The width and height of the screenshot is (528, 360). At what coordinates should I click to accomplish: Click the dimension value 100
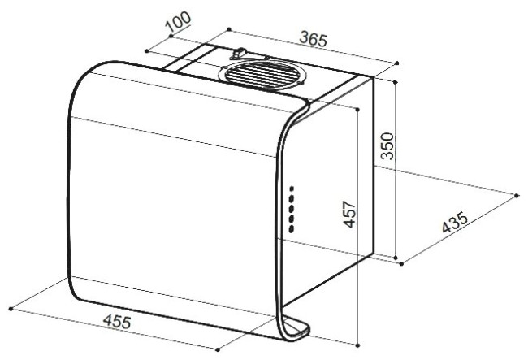click(x=178, y=22)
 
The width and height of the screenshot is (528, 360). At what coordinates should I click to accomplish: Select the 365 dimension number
click(x=314, y=39)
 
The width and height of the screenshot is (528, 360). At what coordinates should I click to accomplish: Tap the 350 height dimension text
click(x=387, y=145)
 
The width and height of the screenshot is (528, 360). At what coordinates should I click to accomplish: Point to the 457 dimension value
click(x=348, y=215)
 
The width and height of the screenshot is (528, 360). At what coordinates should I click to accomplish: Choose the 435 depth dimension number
click(x=455, y=223)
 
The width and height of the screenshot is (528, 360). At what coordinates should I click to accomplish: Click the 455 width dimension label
click(x=117, y=321)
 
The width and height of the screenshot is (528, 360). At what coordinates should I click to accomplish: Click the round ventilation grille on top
click(x=262, y=76)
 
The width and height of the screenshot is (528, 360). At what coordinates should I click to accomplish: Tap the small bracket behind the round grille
click(x=240, y=53)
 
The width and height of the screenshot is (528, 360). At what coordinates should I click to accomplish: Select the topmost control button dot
click(x=292, y=188)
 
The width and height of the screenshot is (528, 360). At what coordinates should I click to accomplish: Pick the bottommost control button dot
click(x=292, y=229)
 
